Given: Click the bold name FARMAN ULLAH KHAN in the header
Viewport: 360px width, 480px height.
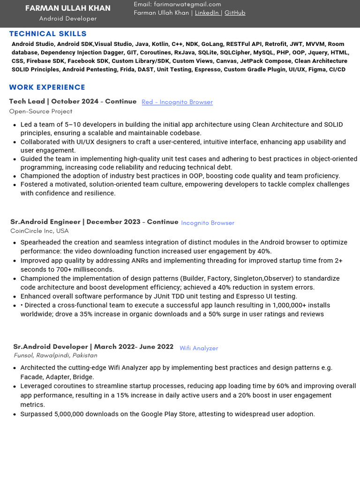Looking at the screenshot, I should point(68,8).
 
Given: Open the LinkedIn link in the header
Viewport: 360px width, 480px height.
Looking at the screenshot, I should point(207,13).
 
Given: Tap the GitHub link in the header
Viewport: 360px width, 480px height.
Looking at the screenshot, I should point(235,13).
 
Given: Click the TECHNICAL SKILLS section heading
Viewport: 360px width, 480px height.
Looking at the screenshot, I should point(48,34).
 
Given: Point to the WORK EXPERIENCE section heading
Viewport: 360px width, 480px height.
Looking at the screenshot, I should point(47,87).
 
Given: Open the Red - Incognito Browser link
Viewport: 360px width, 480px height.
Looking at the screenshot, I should point(177,102).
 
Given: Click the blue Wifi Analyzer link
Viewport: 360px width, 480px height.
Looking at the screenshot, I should point(199,348).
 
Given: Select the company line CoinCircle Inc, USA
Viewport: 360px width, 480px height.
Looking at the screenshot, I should point(39,231).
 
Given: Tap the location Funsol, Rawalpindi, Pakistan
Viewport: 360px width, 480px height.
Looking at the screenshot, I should point(55,355).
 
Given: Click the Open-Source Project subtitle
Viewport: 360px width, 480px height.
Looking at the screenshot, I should point(41,112).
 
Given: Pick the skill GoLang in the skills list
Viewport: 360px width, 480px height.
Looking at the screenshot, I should point(212,44).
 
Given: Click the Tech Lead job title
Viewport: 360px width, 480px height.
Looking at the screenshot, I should point(26,101).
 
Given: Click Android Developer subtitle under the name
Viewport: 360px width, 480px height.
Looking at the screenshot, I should point(68,19).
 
